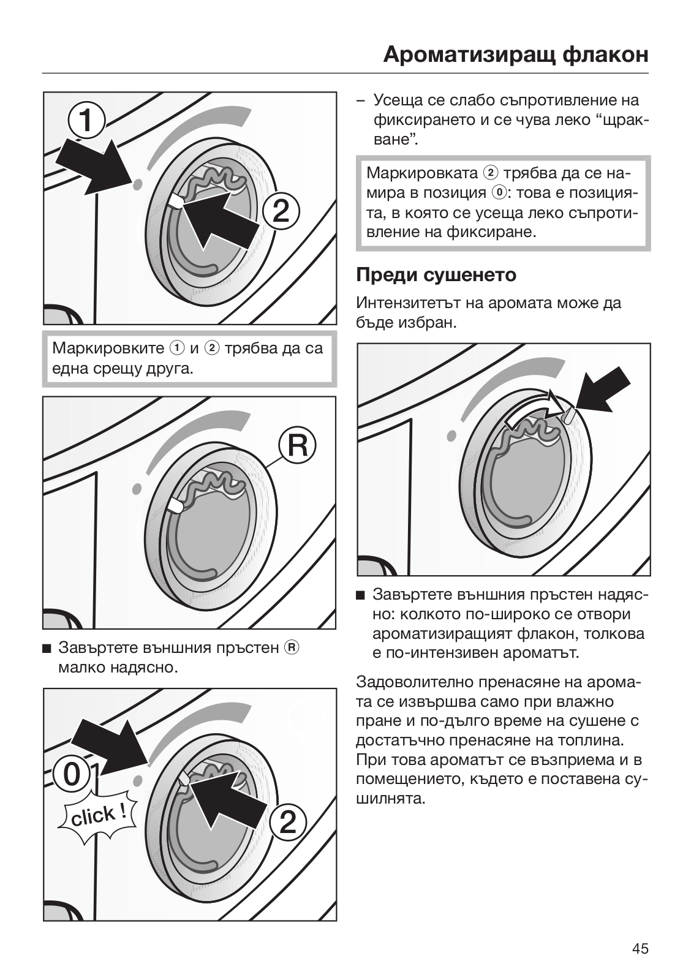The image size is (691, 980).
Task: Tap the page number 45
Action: [x=640, y=949]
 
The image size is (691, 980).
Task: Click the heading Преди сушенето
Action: [x=436, y=274]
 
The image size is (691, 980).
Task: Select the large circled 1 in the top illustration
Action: [x=86, y=121]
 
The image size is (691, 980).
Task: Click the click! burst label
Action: [x=98, y=816]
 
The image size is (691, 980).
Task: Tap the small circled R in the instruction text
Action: [x=292, y=647]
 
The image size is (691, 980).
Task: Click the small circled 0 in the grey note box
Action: [x=499, y=193]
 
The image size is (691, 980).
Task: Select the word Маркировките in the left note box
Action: [x=108, y=349]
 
